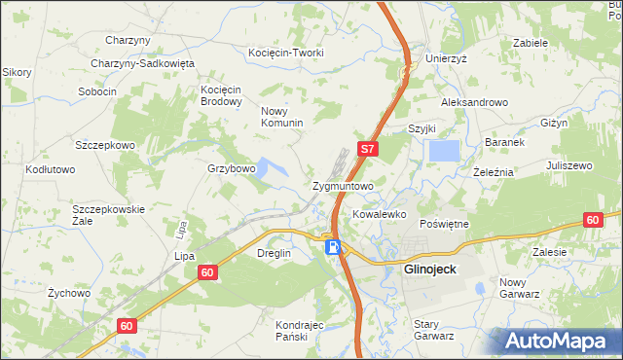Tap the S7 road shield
point(367,150)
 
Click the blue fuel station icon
point(333,248)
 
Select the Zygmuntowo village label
point(343,185)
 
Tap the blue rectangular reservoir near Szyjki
point(444,151)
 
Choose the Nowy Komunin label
point(281,117)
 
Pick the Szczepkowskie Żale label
point(109,215)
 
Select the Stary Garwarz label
point(434,330)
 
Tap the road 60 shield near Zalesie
point(593,221)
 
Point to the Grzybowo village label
point(231,168)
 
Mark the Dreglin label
point(274,253)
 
